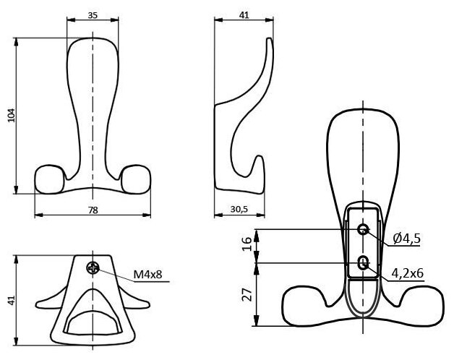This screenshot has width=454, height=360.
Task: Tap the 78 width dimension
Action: pyautogui.click(x=93, y=210)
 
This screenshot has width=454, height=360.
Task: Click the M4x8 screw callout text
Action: pyautogui.click(x=147, y=275)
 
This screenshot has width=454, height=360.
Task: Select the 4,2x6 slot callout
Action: pyautogui.click(x=408, y=273)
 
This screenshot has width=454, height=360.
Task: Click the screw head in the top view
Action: pyautogui.click(x=93, y=268)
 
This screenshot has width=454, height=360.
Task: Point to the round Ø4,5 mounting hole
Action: pyautogui.click(x=363, y=231)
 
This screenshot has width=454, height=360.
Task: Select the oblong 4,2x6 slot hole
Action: pyautogui.click(x=363, y=262)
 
